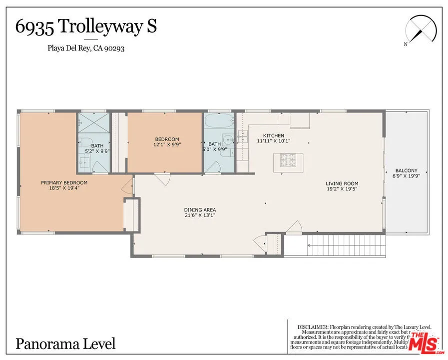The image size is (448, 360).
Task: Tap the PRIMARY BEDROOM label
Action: [x=64, y=185]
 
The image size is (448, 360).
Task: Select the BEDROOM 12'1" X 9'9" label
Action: [x=166, y=142]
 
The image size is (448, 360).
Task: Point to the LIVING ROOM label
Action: [x=342, y=186]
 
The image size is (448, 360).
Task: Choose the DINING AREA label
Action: [x=200, y=212]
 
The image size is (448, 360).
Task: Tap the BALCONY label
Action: [x=406, y=173]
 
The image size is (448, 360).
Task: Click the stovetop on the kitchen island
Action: [x=288, y=160]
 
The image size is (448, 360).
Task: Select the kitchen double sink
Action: [x=242, y=135]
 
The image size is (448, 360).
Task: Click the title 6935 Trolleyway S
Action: [x=86, y=26]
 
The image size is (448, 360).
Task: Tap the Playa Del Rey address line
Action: [x=86, y=48]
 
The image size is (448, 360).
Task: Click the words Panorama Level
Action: [x=65, y=343]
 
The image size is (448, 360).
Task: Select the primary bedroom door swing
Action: [x=128, y=185]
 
